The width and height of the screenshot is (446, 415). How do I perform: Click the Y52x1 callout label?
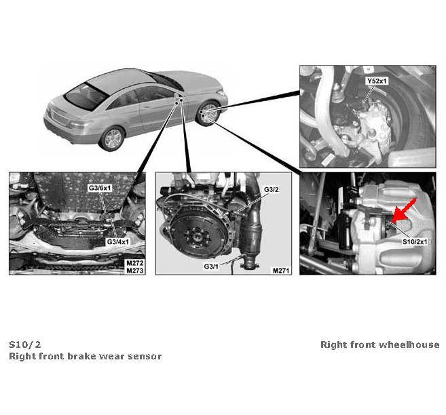click(377, 81)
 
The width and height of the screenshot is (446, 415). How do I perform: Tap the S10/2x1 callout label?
click(415, 241)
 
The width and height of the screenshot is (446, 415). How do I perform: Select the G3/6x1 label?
click(100, 188)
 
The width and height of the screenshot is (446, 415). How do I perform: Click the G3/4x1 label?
click(117, 241)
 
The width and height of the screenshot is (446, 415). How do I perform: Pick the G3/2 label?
click(272, 189)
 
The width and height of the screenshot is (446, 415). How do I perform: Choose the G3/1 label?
click(211, 266)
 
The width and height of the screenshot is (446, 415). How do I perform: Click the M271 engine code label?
click(281, 271)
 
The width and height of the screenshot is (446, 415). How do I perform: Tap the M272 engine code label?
click(135, 263)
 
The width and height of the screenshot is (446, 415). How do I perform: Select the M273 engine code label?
click(135, 271)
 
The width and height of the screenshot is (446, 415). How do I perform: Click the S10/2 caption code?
click(25, 344)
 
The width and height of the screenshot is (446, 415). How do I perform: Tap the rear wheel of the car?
click(113, 139)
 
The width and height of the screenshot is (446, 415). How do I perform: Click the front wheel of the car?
click(209, 114)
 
